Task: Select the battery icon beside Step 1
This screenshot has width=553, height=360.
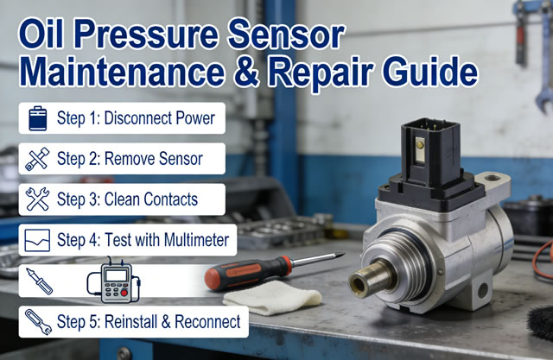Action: tap(37, 118)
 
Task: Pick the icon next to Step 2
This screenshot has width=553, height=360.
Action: tap(37, 159)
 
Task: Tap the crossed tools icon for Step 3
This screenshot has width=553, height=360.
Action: tap(37, 199)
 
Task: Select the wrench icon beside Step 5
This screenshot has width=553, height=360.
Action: tap(37, 322)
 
